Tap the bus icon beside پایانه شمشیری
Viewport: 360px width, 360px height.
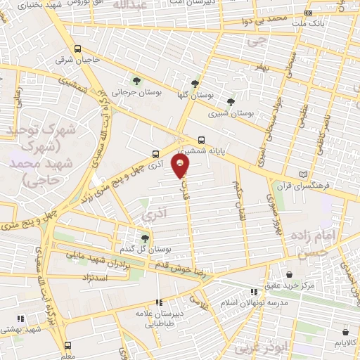pos(202,139)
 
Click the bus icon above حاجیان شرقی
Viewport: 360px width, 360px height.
pos(77,49)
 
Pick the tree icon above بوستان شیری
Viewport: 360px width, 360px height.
pos(231,102)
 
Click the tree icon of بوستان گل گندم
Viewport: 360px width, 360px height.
pos(145,238)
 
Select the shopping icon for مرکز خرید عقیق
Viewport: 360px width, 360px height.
pos(290,274)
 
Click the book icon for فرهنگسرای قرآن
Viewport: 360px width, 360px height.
pos(303,174)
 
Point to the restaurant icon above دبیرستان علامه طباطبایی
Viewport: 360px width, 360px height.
pos(159,302)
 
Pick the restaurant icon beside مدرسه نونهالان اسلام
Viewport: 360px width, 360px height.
pos(254,292)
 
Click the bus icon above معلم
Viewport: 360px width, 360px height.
pos(67,345)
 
